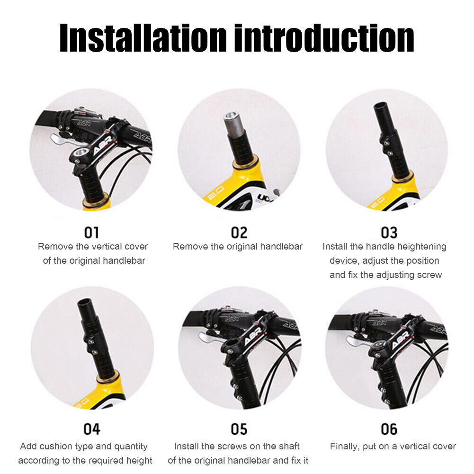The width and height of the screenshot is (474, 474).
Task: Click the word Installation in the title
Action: point(143,38)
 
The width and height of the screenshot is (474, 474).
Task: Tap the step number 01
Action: point(91,233)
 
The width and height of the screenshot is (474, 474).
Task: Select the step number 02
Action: point(239,233)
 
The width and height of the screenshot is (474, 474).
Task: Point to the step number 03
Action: point(389,233)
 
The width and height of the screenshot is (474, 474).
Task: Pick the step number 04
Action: point(91,429)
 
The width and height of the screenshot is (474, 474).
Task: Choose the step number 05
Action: point(239,429)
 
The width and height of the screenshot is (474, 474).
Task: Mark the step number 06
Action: point(389,429)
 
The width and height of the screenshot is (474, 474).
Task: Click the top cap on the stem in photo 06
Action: point(378,345)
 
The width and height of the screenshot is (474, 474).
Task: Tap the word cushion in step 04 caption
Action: point(55,447)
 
